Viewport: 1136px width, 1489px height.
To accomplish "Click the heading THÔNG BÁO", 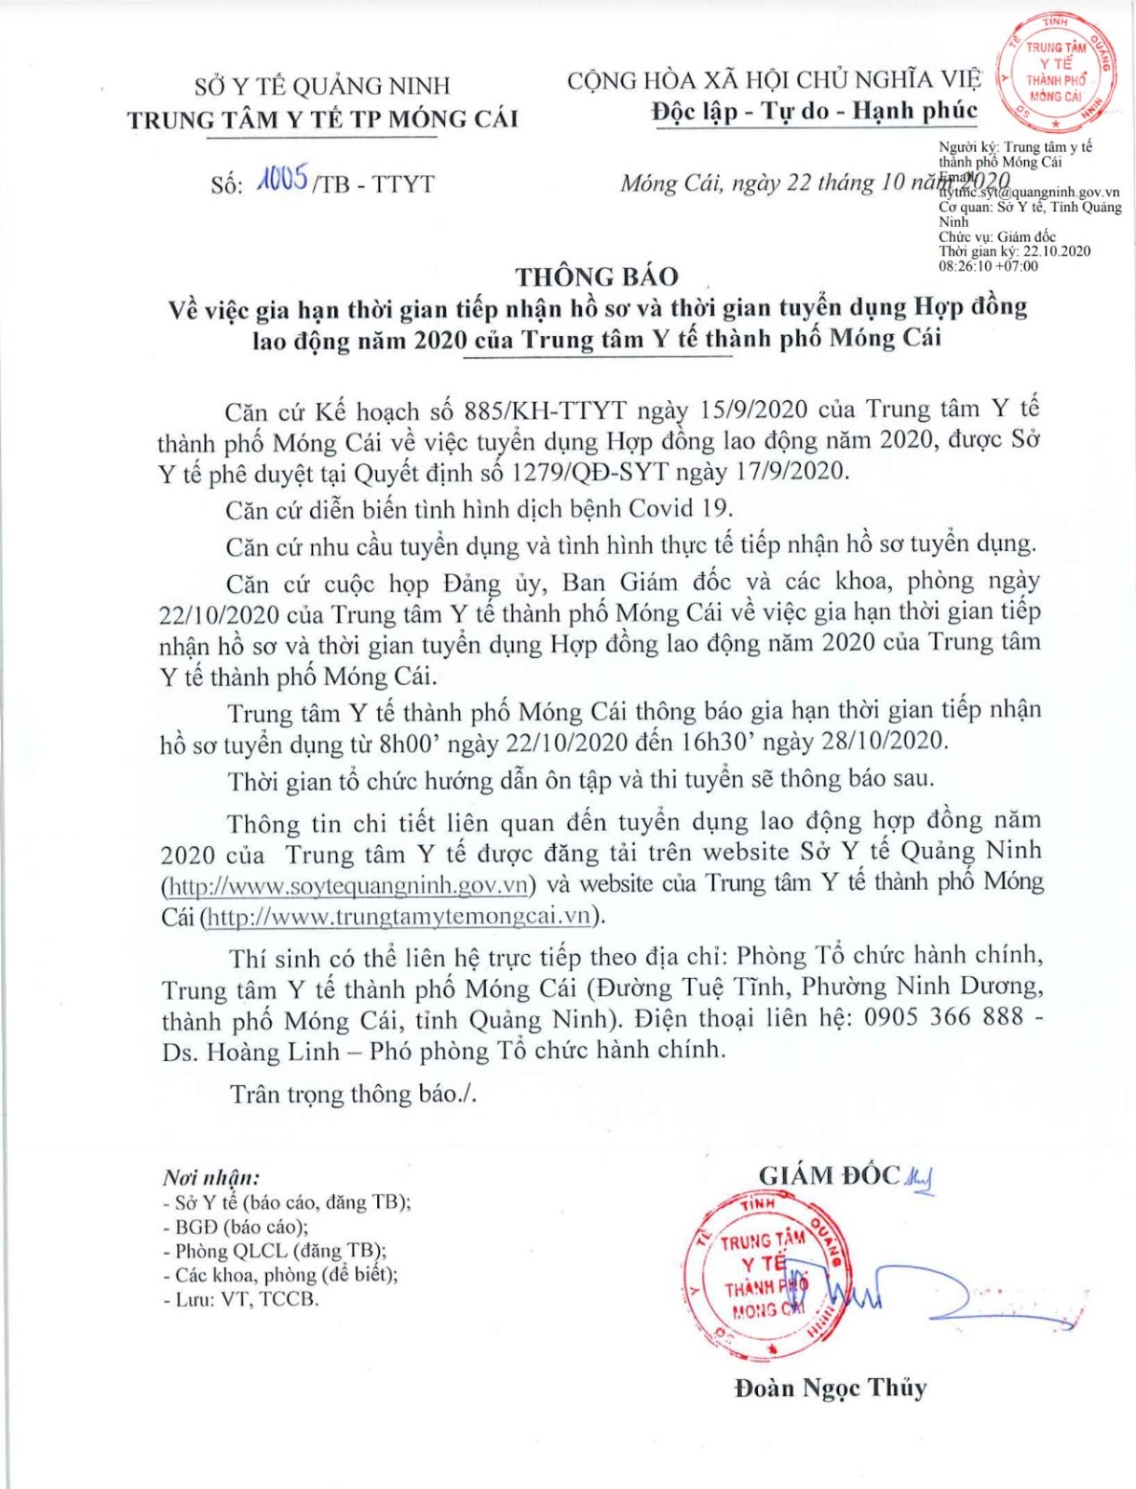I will (597, 276).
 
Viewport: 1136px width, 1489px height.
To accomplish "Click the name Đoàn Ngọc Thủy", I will (830, 1388).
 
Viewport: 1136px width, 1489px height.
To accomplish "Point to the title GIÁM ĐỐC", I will (829, 1175).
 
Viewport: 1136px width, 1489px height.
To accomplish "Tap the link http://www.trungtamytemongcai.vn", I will (399, 916).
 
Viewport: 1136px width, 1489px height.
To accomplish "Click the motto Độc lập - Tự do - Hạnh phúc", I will (814, 112).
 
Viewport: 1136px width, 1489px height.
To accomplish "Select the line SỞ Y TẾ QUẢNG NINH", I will (322, 87).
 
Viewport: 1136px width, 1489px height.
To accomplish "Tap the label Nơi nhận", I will (211, 1176).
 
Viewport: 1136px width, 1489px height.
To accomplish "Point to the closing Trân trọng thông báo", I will (353, 1093).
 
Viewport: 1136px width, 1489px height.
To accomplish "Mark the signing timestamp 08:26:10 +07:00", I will (988, 266).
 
